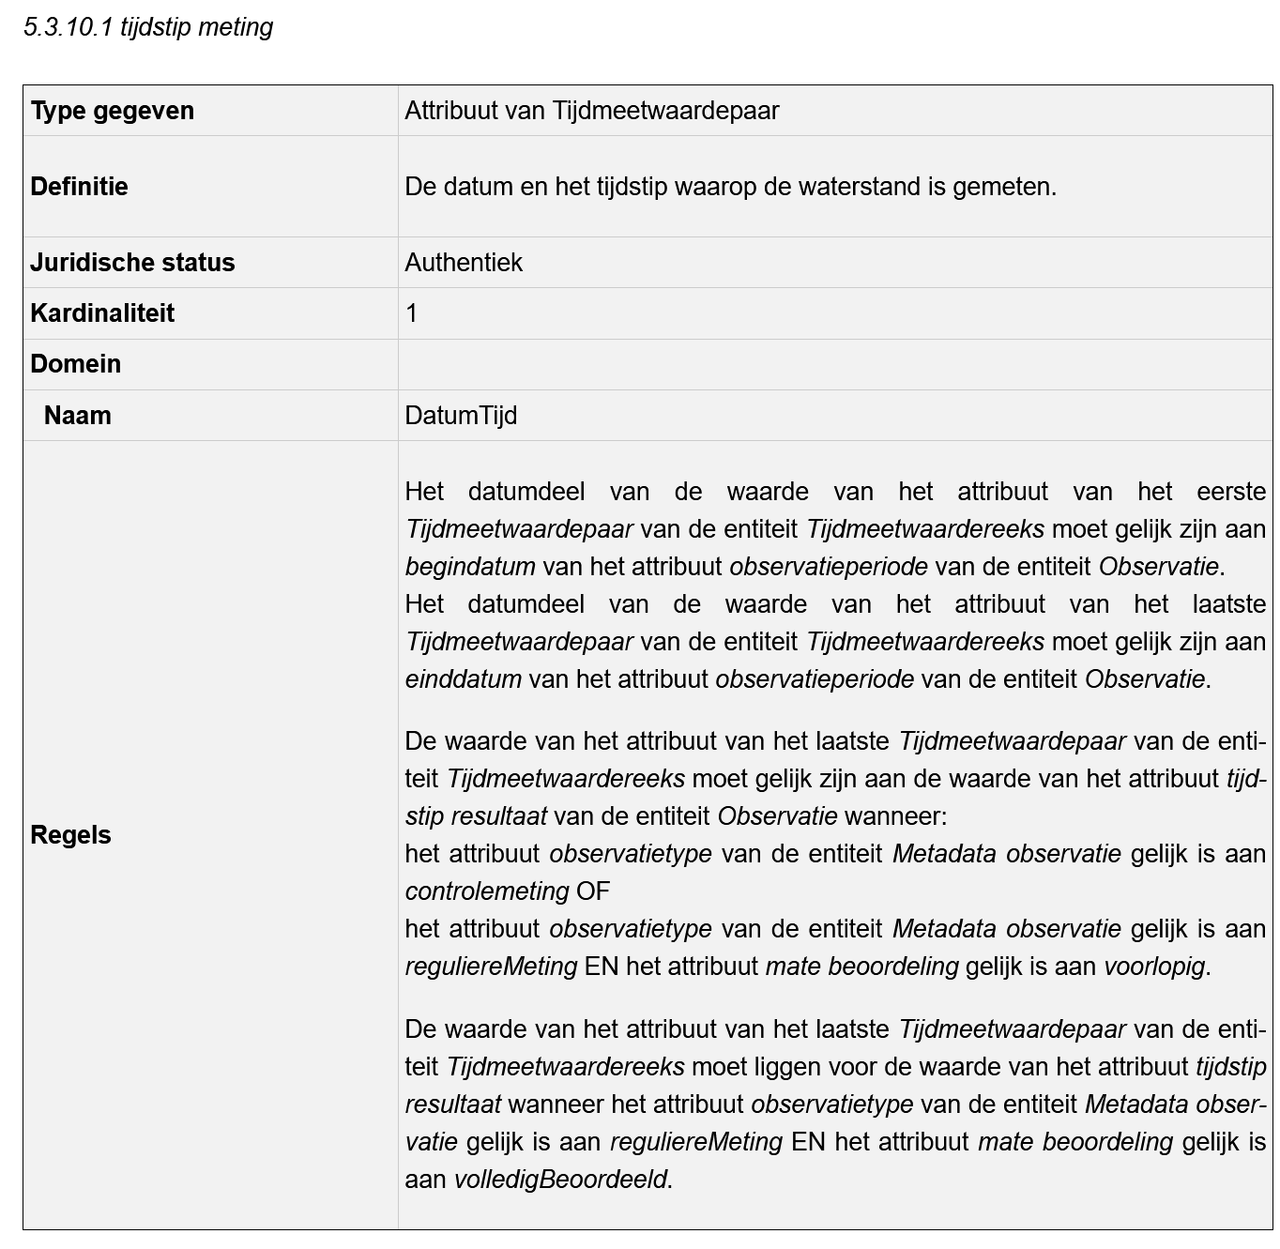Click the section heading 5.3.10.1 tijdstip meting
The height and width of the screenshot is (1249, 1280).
[x=148, y=27]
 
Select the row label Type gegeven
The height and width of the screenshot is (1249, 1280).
[x=112, y=111]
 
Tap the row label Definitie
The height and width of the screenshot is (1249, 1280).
[x=79, y=187]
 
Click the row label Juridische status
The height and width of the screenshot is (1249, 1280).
[x=132, y=263]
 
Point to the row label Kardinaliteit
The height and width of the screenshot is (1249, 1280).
[x=102, y=313]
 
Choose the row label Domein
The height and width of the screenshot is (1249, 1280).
[x=75, y=364]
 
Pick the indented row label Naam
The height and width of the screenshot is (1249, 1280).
[x=77, y=416]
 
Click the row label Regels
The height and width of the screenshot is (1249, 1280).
[x=70, y=835]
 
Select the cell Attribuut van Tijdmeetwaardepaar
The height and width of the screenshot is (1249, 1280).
[x=591, y=111]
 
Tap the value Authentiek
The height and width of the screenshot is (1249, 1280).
[x=464, y=263]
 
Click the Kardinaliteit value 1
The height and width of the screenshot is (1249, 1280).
[x=412, y=313]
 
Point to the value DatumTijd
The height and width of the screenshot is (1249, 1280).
[x=461, y=416]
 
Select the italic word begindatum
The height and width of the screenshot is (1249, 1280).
[x=470, y=567]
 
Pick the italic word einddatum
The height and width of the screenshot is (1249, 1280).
[x=463, y=679]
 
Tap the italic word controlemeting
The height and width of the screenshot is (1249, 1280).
[x=487, y=891]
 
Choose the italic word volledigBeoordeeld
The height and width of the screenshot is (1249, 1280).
[x=560, y=1180]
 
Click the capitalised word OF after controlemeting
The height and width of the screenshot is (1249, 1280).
[x=593, y=891]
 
